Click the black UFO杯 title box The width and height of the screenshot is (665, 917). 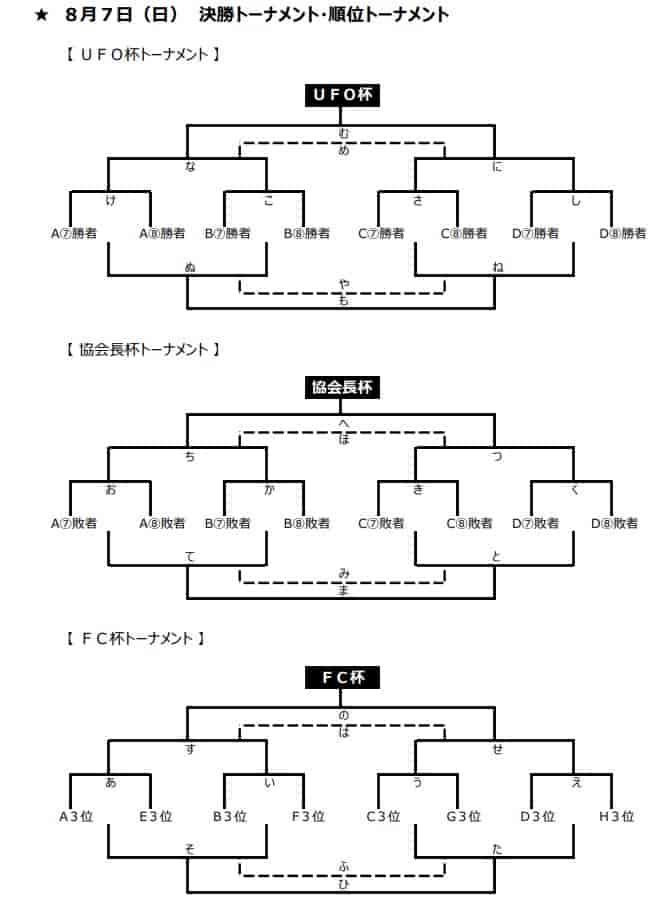click(x=342, y=95)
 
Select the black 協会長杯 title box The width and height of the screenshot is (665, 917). click(x=342, y=387)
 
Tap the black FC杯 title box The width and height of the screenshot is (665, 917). click(x=342, y=678)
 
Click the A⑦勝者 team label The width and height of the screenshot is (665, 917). click(x=74, y=233)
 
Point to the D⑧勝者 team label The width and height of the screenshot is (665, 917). click(x=623, y=233)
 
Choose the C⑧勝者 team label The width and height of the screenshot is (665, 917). click(x=464, y=233)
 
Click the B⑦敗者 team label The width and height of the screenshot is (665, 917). click(x=228, y=523)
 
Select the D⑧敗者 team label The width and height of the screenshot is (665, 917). click(x=615, y=523)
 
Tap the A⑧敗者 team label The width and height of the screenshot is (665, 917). click(x=162, y=523)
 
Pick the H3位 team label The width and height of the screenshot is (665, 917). click(x=616, y=816)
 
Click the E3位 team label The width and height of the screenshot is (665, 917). click(x=156, y=816)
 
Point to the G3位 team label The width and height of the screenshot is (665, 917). click(x=463, y=816)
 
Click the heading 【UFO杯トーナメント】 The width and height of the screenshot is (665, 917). click(x=142, y=54)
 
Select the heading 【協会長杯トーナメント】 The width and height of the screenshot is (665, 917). click(x=142, y=350)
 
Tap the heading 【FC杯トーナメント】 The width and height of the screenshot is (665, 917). click(x=135, y=638)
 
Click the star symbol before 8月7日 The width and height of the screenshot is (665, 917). click(x=41, y=15)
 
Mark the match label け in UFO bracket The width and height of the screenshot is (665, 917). click(x=111, y=201)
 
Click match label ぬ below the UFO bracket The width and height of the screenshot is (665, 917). click(x=190, y=267)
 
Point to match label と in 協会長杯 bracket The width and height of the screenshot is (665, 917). click(x=497, y=556)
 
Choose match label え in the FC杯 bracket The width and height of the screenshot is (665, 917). click(x=577, y=782)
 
